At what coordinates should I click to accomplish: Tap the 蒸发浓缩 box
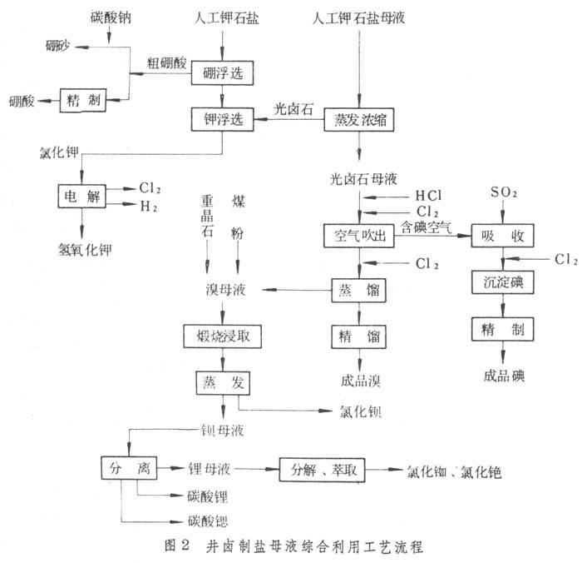(x=358, y=120)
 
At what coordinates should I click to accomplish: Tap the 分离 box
(x=127, y=469)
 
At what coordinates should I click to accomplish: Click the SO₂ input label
(x=502, y=192)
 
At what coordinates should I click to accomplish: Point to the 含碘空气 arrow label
(x=427, y=226)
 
